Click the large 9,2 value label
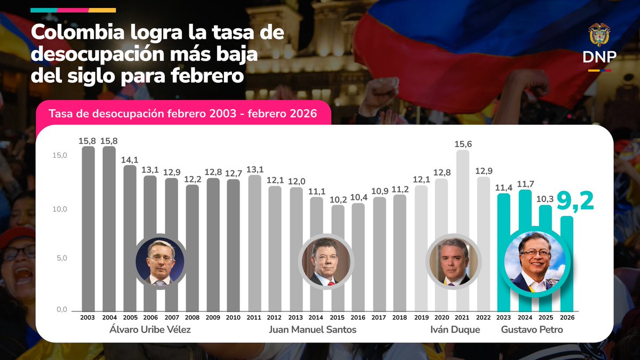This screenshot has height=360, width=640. (x=575, y=202)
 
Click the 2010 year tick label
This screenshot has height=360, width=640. (x=233, y=317)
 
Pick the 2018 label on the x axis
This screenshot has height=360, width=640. (x=400, y=317)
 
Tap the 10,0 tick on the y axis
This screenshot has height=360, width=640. (x=59, y=209)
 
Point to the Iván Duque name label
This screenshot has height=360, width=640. (x=455, y=330)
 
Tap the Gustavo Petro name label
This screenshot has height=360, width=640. (x=532, y=330)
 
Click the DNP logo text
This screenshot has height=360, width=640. (x=599, y=57)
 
